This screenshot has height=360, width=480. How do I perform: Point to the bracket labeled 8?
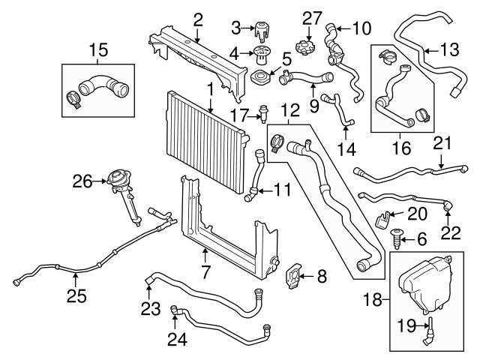(x=295, y=276)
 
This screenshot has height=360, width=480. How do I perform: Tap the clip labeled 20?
(x=382, y=218)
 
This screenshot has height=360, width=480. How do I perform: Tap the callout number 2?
(x=197, y=19)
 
